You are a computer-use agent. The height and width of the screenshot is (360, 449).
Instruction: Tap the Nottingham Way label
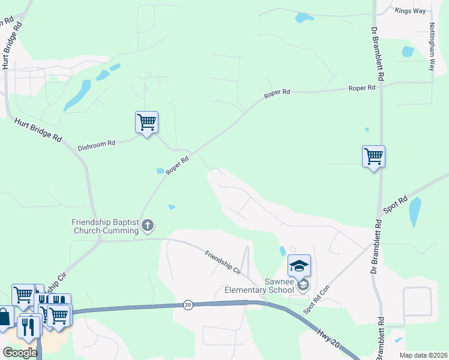[432, 47]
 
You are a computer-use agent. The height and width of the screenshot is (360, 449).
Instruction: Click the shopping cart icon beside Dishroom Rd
[146, 123]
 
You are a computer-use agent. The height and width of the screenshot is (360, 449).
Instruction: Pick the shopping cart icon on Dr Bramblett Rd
[373, 157]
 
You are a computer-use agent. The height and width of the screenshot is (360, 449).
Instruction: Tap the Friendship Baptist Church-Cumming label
[106, 226]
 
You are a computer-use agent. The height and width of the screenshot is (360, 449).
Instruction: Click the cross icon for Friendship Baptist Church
[148, 226]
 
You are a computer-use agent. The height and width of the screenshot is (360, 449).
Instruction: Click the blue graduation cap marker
[299, 265]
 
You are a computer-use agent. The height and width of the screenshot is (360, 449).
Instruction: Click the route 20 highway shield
[188, 305]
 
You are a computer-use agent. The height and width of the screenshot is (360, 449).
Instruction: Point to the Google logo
[20, 353]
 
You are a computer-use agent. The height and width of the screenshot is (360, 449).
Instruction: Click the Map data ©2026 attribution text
[423, 355]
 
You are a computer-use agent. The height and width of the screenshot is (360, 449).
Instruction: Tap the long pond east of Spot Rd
[415, 212]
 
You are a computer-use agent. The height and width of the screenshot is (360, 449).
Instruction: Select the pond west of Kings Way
[304, 17]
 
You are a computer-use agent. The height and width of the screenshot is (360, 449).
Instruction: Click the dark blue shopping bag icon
[4, 318]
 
